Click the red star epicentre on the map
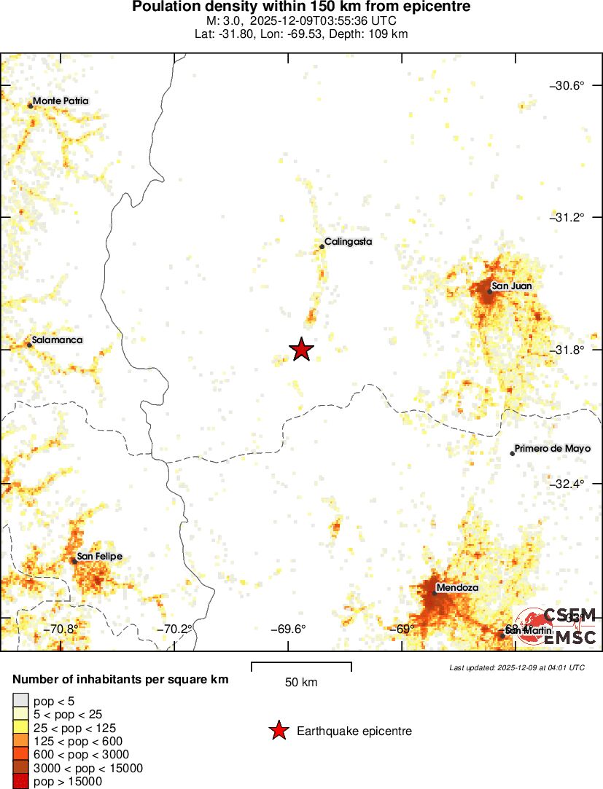[x=301, y=350]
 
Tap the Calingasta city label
[x=348, y=241]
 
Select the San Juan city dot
[x=490, y=291]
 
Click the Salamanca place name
[x=57, y=340]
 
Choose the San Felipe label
[x=99, y=557]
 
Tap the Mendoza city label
[x=456, y=587]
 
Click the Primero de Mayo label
[x=548, y=448]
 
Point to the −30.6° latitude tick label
[x=567, y=86]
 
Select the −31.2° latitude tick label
[x=567, y=218]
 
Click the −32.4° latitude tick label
[x=567, y=484]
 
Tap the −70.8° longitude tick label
[x=60, y=629]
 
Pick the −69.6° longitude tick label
[x=288, y=629]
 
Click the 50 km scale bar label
[x=301, y=683]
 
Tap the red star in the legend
[x=278, y=731]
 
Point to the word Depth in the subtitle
[x=351, y=34]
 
